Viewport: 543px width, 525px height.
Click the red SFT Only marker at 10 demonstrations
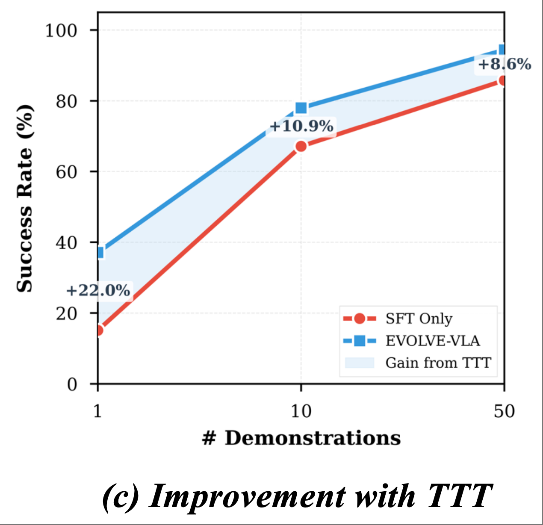301,146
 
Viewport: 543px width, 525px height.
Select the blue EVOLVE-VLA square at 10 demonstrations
301,108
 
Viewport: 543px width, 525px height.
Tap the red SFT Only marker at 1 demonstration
99,330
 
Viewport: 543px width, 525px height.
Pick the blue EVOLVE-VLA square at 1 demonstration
100,253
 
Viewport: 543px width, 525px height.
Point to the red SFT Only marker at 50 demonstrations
503,80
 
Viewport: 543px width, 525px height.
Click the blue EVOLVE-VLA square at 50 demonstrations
502,50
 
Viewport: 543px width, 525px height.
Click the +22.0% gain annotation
98,291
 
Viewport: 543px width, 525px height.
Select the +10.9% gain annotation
301,127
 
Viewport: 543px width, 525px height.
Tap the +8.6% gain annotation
504,65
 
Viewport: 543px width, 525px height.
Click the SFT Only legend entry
419,319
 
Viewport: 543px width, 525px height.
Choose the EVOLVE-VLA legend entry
432,341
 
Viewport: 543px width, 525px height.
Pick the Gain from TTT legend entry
438,363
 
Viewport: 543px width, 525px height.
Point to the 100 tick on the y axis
61,30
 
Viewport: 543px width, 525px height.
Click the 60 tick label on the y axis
66,172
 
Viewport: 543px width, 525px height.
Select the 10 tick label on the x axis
301,411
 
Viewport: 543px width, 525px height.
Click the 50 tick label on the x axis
504,411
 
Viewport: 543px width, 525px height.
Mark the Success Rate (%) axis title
24,198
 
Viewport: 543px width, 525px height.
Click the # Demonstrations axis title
301,438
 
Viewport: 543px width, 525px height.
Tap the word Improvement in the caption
247,497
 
